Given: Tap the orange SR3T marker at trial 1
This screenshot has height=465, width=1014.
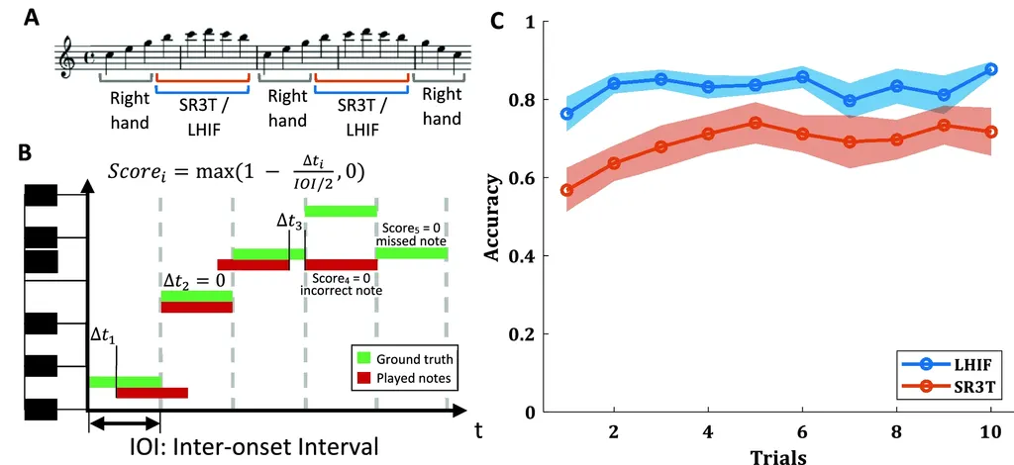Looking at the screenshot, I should [566, 190].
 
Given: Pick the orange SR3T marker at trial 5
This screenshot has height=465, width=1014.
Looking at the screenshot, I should [755, 123].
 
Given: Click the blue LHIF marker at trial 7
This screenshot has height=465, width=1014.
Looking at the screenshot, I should [849, 101].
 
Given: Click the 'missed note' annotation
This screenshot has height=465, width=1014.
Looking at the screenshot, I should [412, 241].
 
